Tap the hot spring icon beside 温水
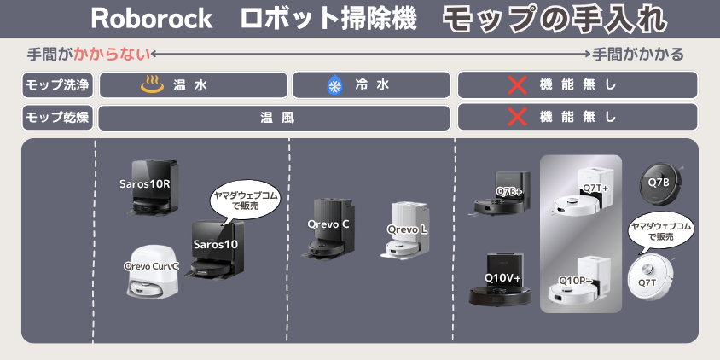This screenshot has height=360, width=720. (x=152, y=85)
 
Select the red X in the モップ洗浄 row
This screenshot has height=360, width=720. (x=517, y=85)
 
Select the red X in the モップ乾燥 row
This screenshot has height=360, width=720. (x=517, y=117)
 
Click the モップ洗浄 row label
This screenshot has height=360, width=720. (x=58, y=85)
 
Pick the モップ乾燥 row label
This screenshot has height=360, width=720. (x=58, y=117)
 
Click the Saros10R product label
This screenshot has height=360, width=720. (x=145, y=183)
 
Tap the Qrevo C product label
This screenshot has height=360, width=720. (x=328, y=224)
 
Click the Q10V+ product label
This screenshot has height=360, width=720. (x=502, y=278)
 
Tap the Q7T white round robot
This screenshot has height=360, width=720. (x=647, y=276)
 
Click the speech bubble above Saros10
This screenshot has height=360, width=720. (x=245, y=201)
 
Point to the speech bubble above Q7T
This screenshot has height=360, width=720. (x=659, y=231)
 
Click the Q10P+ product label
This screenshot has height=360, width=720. (x=576, y=280)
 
